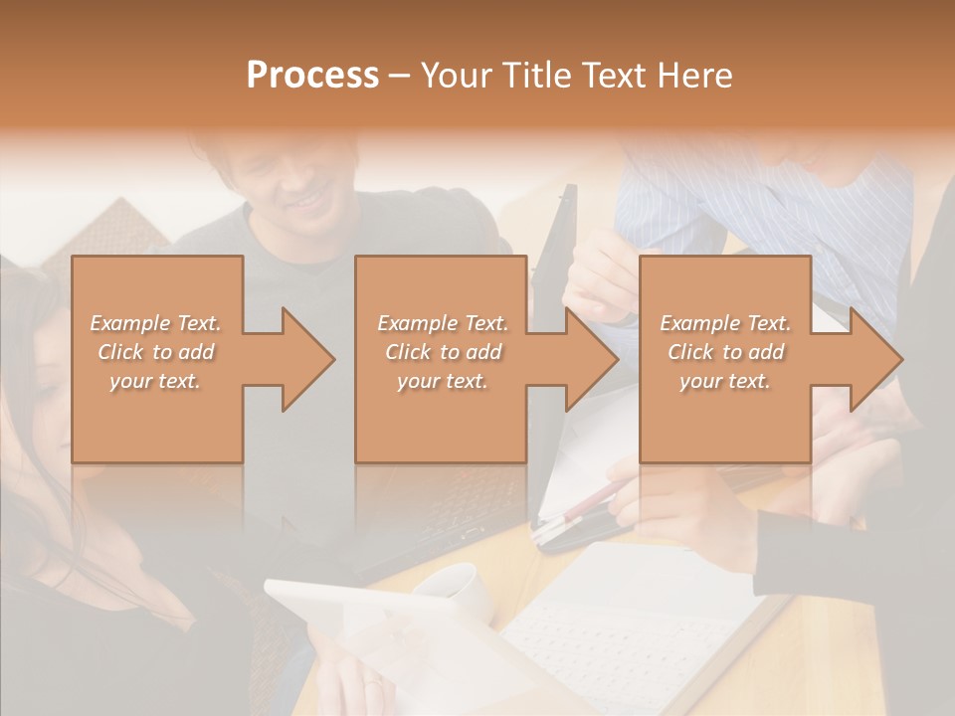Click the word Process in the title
pyautogui.click(x=312, y=76)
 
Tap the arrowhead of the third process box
pyautogui.click(x=874, y=359)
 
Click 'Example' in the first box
pyautogui.click(x=128, y=323)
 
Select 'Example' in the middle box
pyautogui.click(x=416, y=323)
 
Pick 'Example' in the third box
pyautogui.click(x=698, y=323)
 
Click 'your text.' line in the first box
pyautogui.click(x=155, y=381)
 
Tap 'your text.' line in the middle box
pyautogui.click(x=442, y=381)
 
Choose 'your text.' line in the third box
pyautogui.click(x=724, y=381)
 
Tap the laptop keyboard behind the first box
pyautogui.click(x=448, y=517)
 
